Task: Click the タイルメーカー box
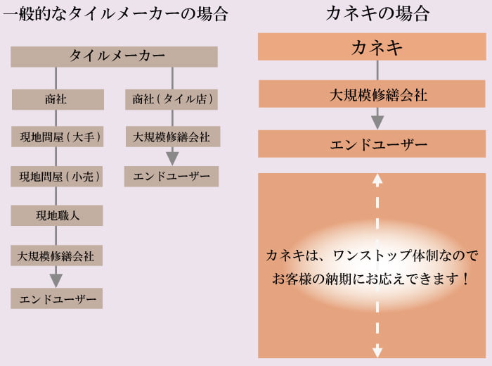coord(114,56)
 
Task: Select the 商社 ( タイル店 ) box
coord(171,99)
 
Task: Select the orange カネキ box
coord(377,47)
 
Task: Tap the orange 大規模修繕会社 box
coord(377,94)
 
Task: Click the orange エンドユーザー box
coord(377,144)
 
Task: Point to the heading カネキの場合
coord(377,13)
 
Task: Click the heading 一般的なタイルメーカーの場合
coord(115,13)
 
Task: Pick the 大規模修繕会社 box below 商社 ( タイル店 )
coord(171,137)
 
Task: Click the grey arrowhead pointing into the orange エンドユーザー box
coord(377,122)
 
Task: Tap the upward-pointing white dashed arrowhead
coord(377,179)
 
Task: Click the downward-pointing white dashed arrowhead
coord(377,350)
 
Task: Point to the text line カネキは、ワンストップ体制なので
coord(372,254)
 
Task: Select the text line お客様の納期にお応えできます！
coord(372,279)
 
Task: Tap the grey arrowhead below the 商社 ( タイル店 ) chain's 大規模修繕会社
coord(172,158)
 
